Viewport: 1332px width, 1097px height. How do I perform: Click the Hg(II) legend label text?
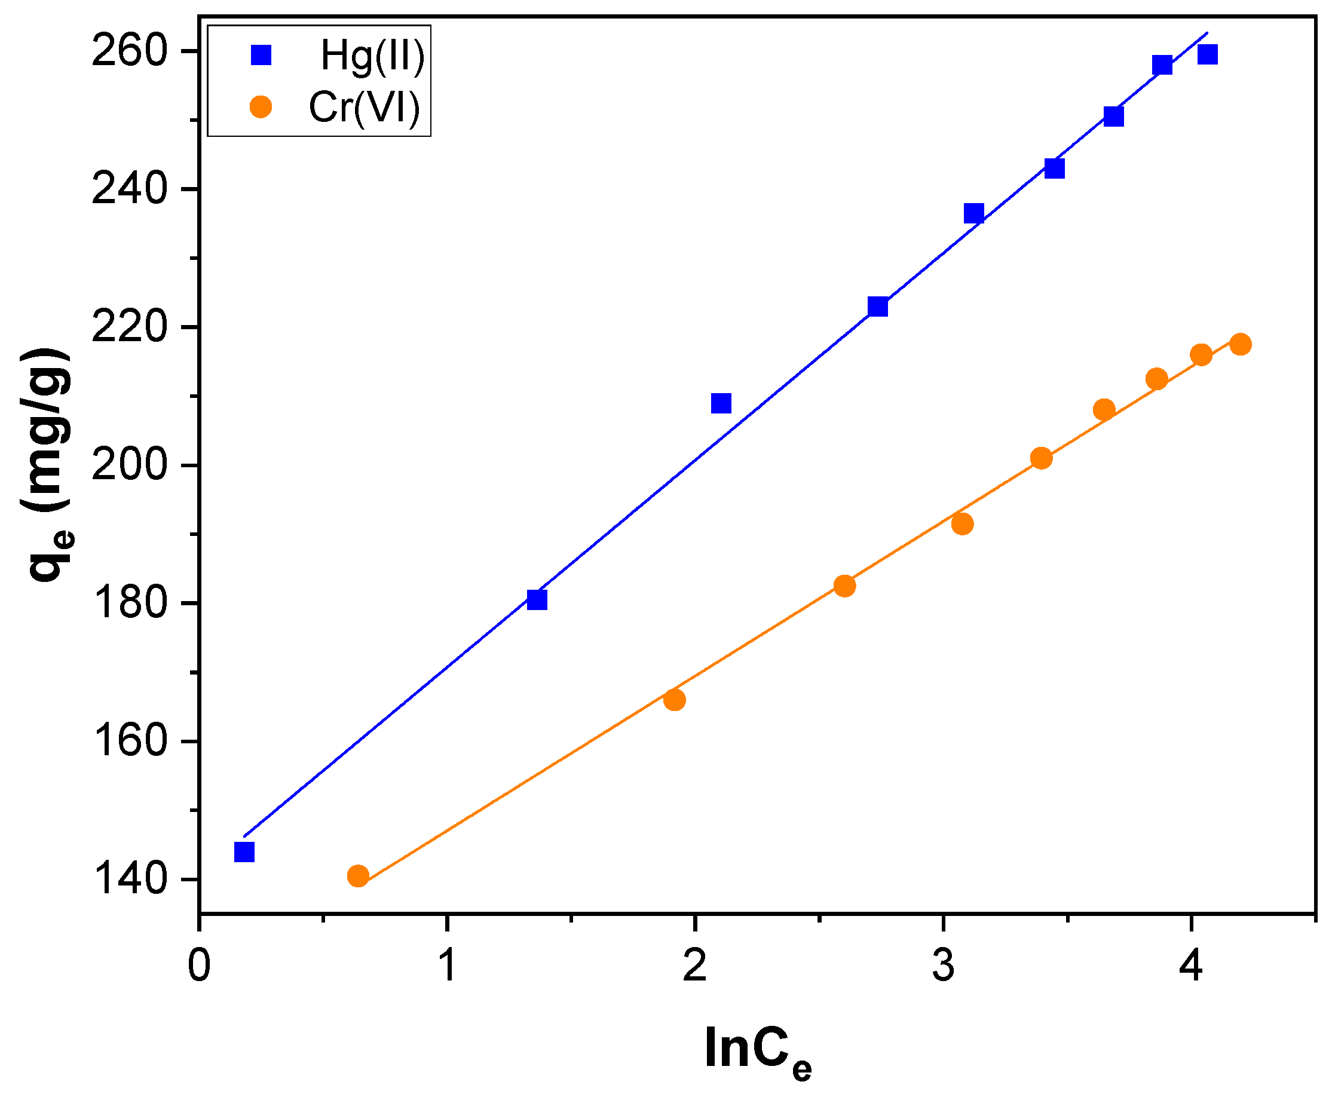tap(372, 56)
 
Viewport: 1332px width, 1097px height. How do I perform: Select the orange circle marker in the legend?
tap(261, 107)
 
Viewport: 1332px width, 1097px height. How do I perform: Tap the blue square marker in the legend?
tap(261, 55)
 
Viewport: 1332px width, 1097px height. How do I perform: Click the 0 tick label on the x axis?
tap(199, 967)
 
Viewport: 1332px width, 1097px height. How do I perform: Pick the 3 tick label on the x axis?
tap(943, 967)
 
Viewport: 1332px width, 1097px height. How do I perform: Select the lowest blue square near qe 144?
tap(244, 852)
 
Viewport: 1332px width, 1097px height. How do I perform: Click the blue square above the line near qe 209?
tap(721, 403)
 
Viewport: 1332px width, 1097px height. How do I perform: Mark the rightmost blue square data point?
tap(1207, 54)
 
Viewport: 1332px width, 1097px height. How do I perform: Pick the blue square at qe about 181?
tap(537, 599)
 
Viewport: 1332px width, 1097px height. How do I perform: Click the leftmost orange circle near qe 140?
tap(357, 876)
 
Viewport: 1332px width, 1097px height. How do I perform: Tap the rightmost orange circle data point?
tap(1240, 344)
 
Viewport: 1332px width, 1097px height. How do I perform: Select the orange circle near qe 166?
tap(674, 700)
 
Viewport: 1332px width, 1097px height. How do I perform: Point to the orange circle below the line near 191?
tap(962, 524)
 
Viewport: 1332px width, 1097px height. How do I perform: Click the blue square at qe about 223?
tap(878, 307)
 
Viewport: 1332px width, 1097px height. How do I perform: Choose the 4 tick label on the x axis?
tap(1190, 967)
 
